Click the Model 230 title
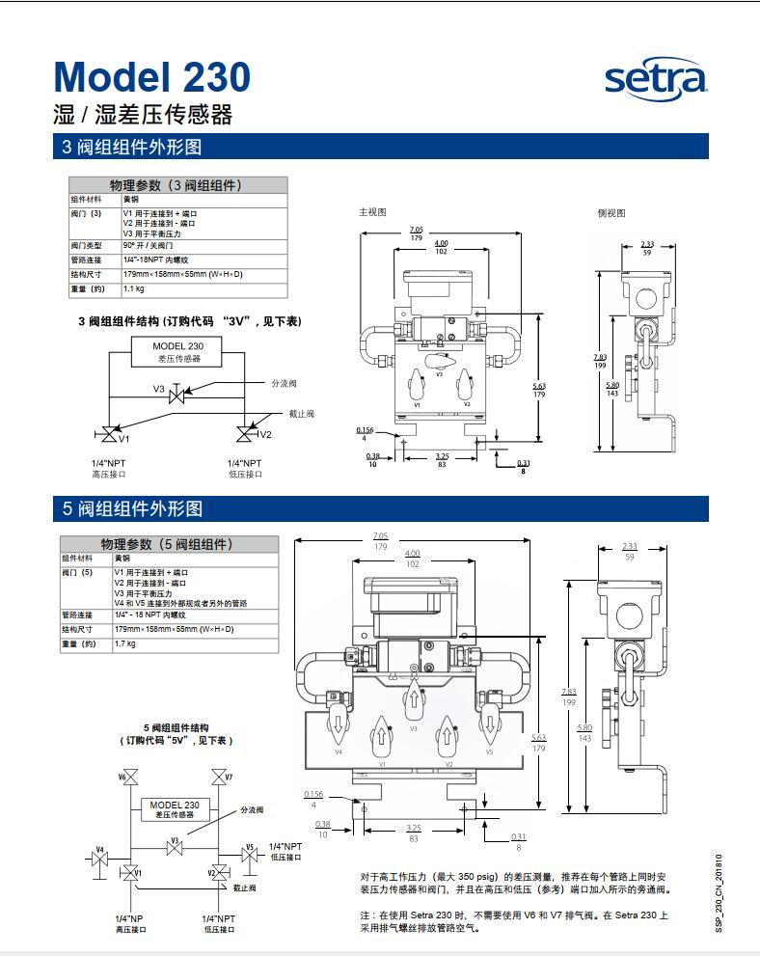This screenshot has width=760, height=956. coord(151,77)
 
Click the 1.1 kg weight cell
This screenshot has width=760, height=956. coord(133,288)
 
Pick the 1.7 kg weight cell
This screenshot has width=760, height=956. coord(125,643)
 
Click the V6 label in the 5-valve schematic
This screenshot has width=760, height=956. coord(123,777)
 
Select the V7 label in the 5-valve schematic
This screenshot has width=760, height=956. coord(229,777)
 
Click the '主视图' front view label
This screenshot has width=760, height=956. coord(372,211)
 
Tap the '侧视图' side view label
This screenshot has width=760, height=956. coord(611,213)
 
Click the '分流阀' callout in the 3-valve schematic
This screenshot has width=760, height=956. coord(285,383)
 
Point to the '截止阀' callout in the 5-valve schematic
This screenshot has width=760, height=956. coord(244,886)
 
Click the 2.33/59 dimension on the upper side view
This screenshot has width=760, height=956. coord(647,248)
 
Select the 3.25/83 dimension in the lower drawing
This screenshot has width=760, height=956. coord(414,834)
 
